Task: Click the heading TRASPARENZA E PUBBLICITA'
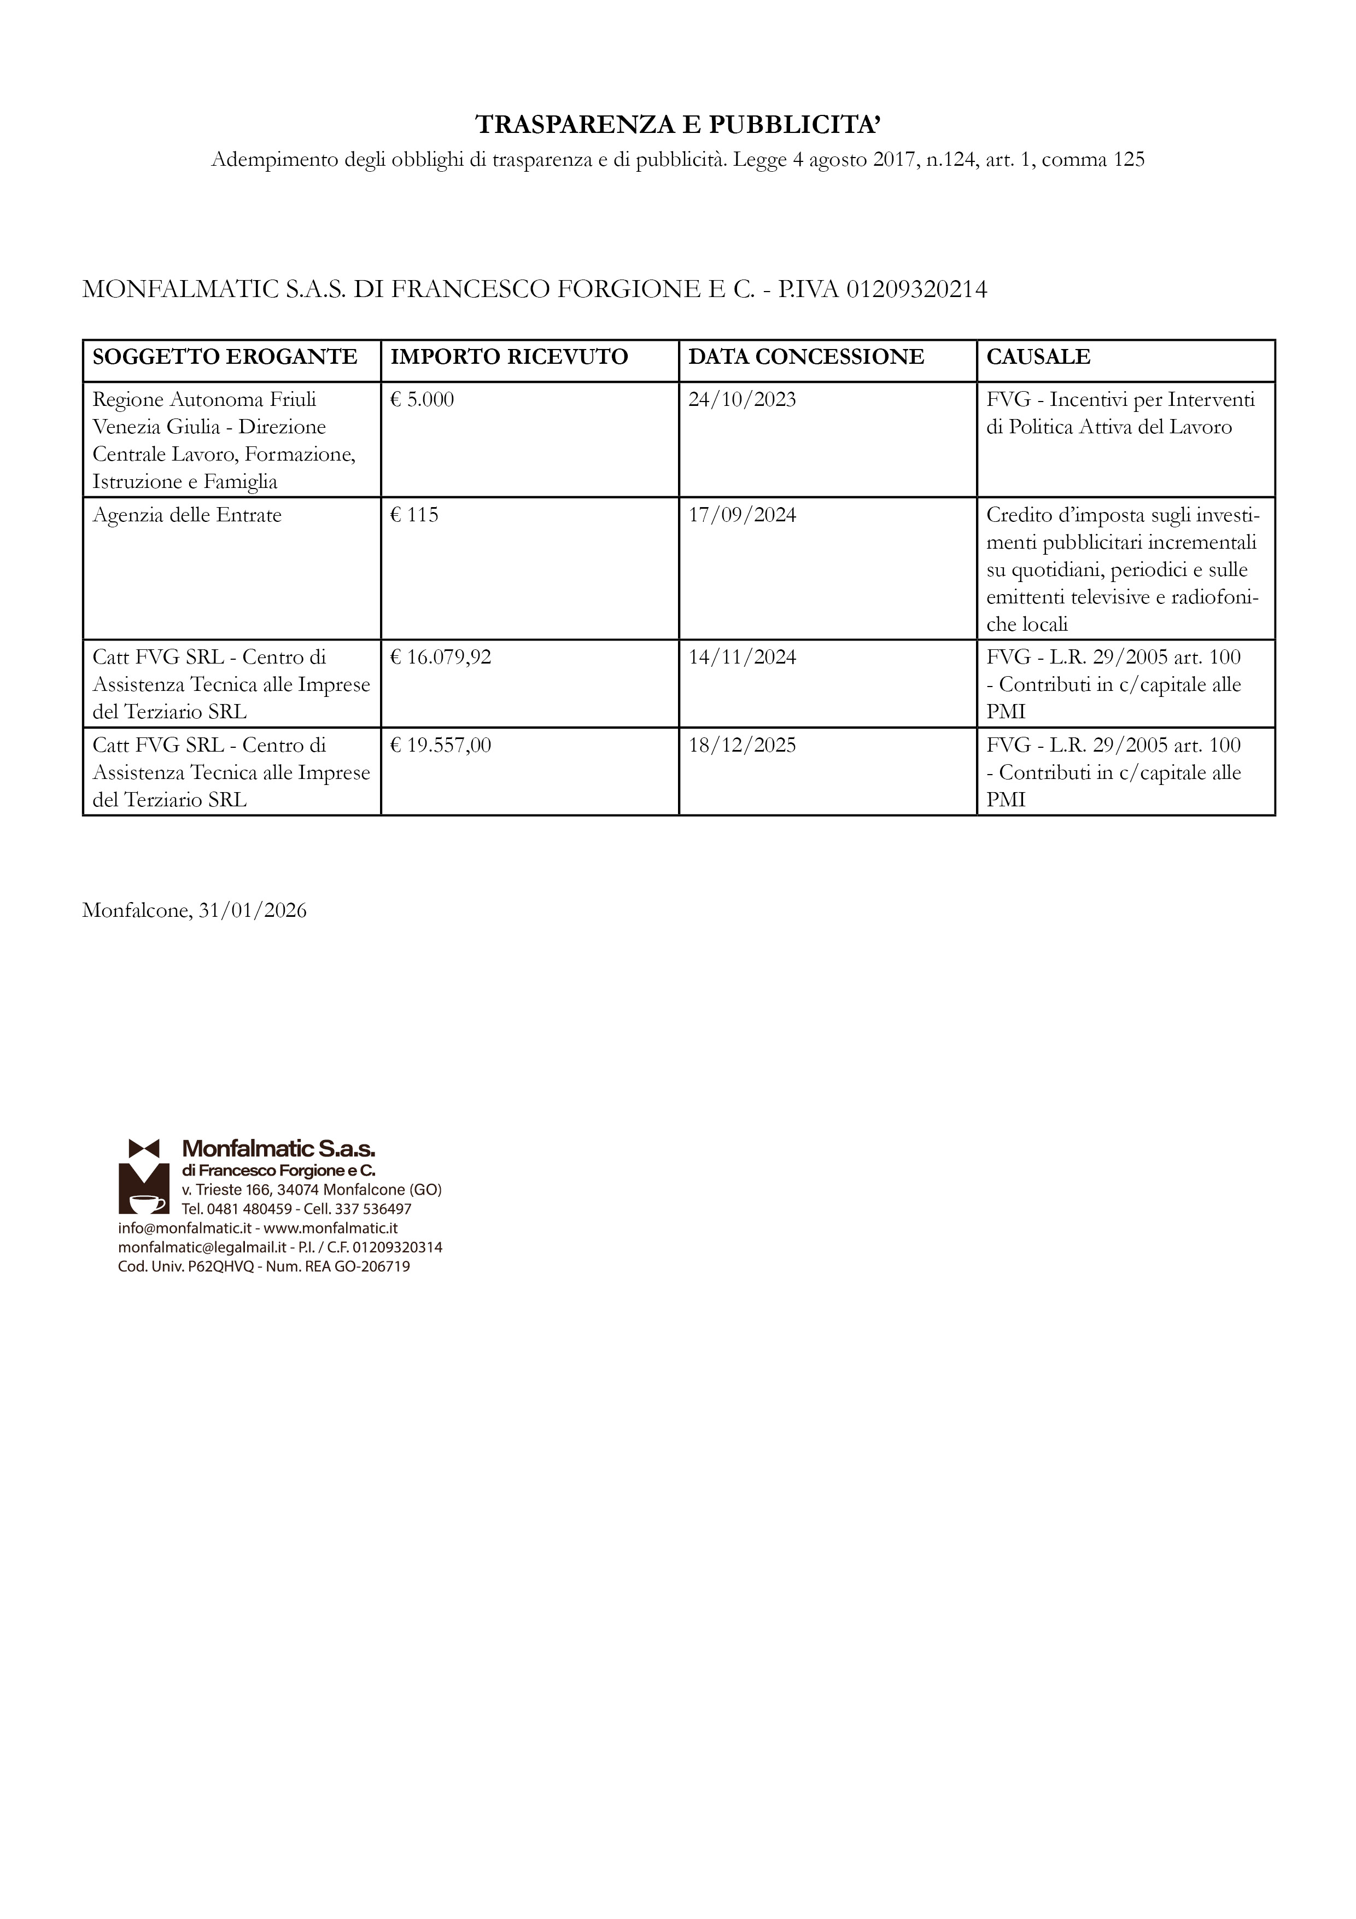coord(677,125)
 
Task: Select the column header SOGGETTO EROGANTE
coord(225,357)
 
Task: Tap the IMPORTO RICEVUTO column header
coord(509,357)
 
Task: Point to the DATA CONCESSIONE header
coord(806,357)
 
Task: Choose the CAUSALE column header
coord(1038,357)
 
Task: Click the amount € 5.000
coord(422,399)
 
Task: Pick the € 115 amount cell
coord(414,515)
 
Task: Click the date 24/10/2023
coord(742,399)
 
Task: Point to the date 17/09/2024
coord(742,515)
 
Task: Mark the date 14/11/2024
coord(742,658)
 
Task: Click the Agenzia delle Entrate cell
coord(187,515)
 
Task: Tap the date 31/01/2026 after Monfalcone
coord(252,911)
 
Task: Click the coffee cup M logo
coord(144,1176)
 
